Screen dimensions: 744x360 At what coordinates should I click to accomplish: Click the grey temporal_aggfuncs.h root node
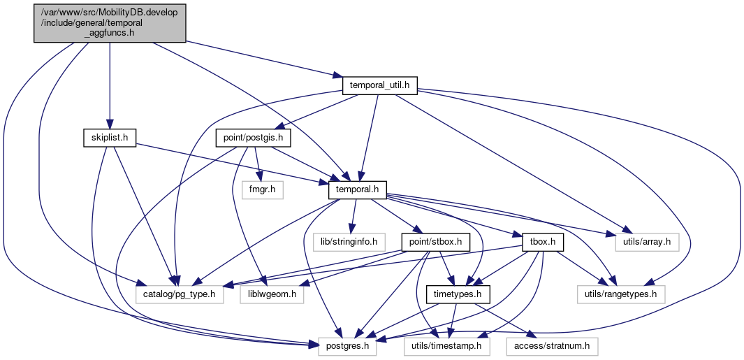(x=110, y=23)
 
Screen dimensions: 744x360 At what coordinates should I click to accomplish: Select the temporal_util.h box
(x=379, y=85)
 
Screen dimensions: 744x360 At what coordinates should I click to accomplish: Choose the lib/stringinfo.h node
(x=349, y=243)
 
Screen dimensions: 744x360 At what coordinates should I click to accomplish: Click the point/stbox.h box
(x=436, y=243)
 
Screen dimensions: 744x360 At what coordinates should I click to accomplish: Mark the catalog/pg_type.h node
(x=180, y=295)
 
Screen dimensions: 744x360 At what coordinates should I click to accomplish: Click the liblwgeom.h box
(x=272, y=295)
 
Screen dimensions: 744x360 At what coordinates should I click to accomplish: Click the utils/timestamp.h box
(x=446, y=347)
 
